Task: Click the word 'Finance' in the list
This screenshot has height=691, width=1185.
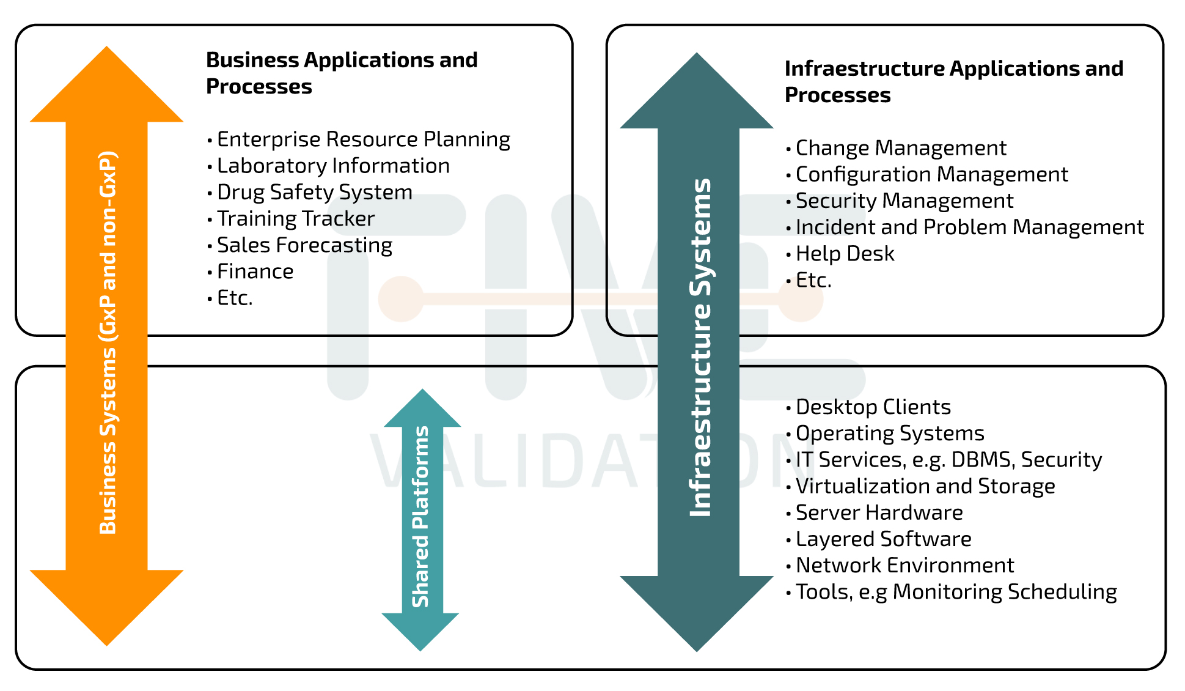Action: coord(255,272)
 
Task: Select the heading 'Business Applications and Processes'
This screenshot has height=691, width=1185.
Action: coord(342,73)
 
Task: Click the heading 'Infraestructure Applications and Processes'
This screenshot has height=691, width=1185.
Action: coord(953,82)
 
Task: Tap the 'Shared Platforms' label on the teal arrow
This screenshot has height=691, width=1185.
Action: coord(421,517)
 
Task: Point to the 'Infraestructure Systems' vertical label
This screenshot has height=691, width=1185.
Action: coord(700,347)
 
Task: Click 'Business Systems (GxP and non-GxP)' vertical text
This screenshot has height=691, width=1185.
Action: coord(108,342)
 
